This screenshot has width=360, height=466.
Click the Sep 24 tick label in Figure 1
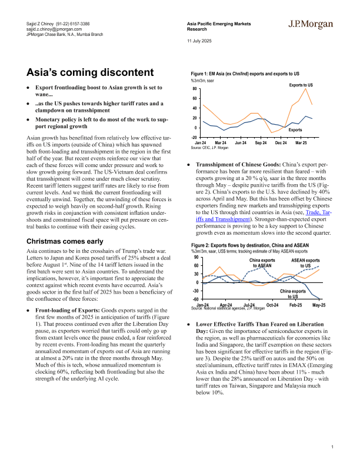pos(260,143)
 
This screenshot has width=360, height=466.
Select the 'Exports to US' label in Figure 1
pos(301,85)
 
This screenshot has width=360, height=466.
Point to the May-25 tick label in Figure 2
pos(319,305)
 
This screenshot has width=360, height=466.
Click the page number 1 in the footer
pos(332,448)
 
